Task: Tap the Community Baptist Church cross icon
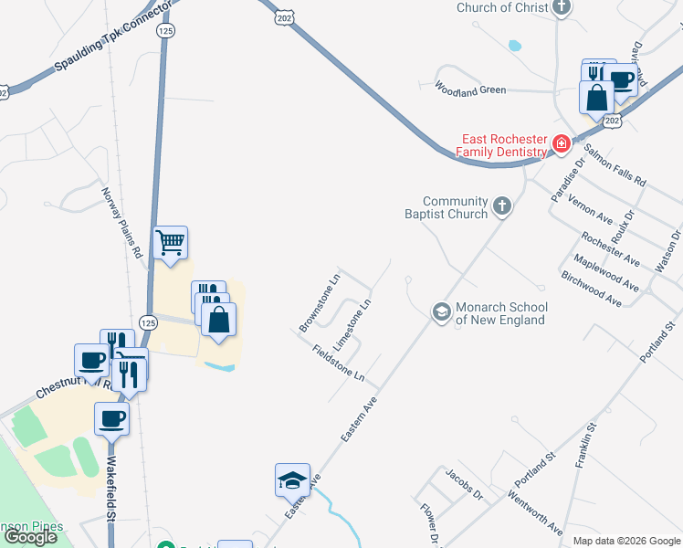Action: pyautogui.click(x=501, y=207)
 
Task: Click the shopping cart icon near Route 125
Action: pyautogui.click(x=171, y=244)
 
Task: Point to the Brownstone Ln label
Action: pyautogui.click(x=320, y=302)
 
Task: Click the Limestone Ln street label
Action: pyautogui.click(x=353, y=323)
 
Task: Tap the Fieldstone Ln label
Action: pyautogui.click(x=338, y=364)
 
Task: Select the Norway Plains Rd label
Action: pyautogui.click(x=121, y=221)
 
